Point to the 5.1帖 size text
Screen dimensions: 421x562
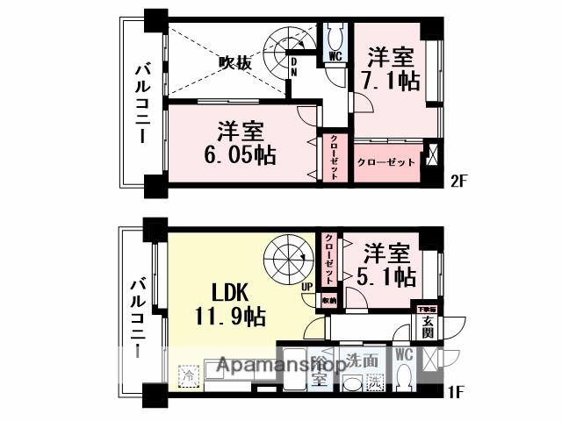388,277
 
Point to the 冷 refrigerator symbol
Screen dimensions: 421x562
188,377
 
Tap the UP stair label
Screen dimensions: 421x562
307,287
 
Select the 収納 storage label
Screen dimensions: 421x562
328,300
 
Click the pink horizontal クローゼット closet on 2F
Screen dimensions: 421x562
385,162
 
